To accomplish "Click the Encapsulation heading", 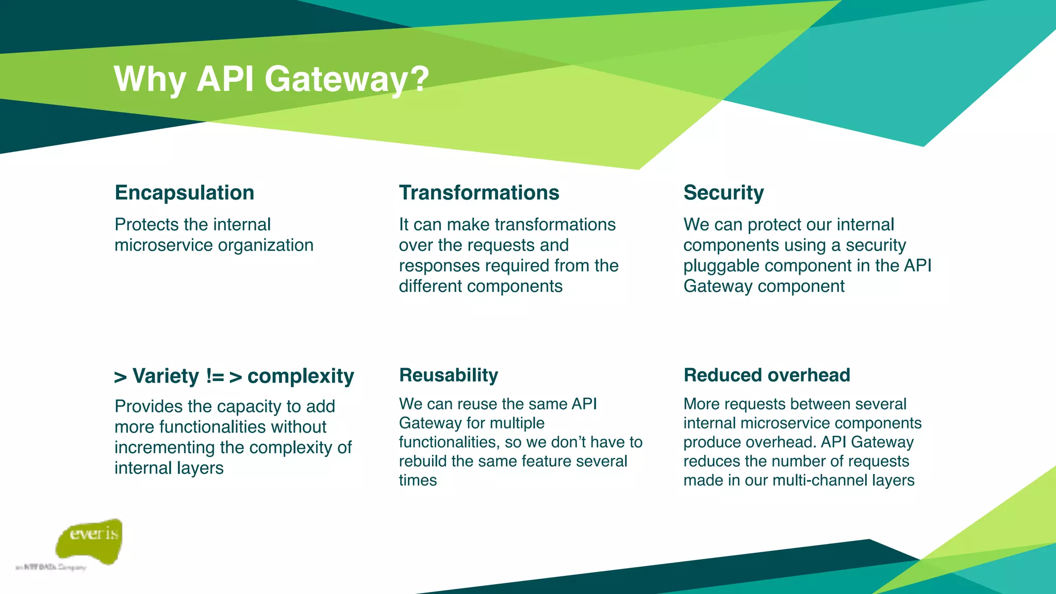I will (184, 193).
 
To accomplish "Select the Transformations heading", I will (479, 193).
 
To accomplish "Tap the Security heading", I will (723, 193).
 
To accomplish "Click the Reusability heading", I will (449, 375).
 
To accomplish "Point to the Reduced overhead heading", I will (767, 375).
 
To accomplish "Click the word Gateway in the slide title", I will (335, 80).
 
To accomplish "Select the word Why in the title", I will (150, 80).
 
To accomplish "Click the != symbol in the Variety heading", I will (214, 376).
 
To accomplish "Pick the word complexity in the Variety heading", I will (301, 376).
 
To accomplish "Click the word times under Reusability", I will (418, 481).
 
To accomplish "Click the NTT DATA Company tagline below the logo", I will (51, 567).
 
